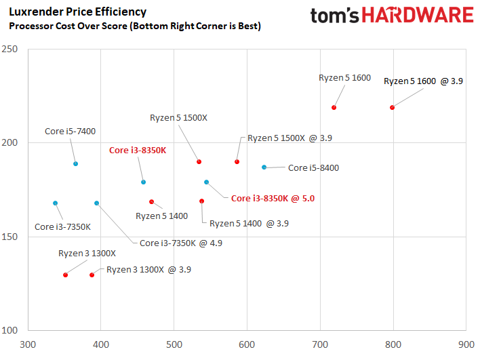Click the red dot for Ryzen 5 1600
pos(334,107)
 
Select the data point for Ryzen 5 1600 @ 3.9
pos(392,107)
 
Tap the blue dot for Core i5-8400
pos(264,167)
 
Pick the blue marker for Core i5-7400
pos(75,163)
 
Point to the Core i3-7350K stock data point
pos(55,203)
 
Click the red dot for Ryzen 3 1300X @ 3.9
pos(92,275)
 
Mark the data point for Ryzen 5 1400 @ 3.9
pos(201,201)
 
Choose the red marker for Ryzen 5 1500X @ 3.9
pos(237,161)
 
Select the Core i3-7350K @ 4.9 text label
pos(180,243)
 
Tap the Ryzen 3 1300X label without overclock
pos(87,254)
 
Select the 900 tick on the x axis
pos(466,344)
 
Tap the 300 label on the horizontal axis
pos(28,344)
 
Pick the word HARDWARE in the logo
pos(421,16)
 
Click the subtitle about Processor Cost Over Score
pos(134,26)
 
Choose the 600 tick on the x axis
pos(247,344)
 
